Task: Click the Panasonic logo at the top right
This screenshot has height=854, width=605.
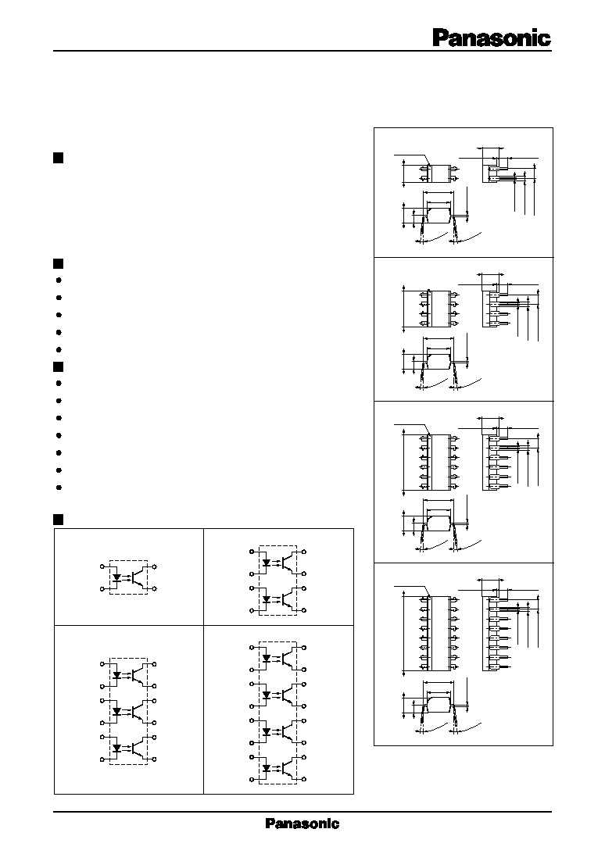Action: (x=492, y=38)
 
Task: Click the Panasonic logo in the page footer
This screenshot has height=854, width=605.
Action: (x=302, y=824)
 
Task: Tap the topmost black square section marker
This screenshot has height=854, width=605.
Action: (x=59, y=158)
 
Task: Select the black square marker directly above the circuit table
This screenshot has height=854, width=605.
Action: (x=59, y=519)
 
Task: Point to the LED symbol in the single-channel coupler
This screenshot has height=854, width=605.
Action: (x=116, y=575)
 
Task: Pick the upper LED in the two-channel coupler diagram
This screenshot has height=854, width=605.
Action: (x=267, y=563)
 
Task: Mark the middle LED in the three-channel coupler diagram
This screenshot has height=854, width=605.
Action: (x=116, y=711)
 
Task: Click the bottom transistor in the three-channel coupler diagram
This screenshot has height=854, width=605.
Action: (x=140, y=748)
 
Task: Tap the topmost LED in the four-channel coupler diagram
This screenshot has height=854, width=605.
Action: (x=267, y=659)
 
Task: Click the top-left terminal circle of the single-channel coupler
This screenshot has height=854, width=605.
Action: (x=102, y=567)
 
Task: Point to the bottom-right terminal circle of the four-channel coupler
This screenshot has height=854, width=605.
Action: (x=305, y=780)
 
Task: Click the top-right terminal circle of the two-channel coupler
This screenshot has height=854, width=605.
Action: (x=305, y=552)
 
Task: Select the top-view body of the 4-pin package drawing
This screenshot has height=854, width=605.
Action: (x=440, y=173)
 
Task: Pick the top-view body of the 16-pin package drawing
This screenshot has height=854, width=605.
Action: (x=440, y=632)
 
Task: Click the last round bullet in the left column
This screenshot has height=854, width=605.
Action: (x=59, y=488)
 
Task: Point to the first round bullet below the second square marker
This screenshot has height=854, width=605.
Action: (x=59, y=280)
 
